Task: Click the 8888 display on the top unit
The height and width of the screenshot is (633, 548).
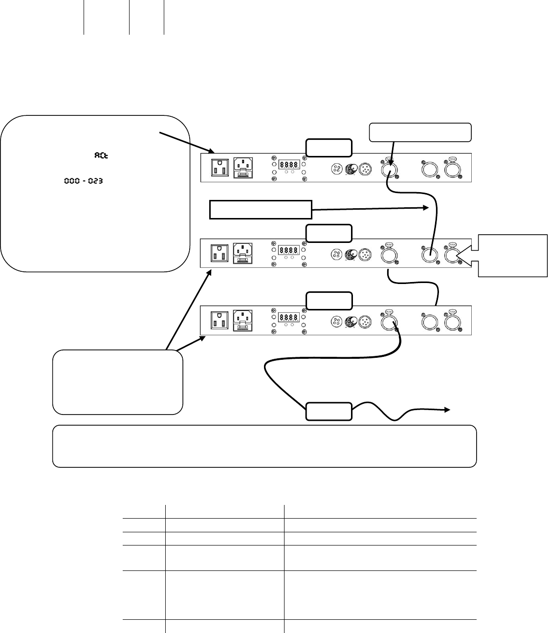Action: click(288, 165)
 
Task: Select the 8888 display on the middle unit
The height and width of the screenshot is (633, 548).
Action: click(288, 250)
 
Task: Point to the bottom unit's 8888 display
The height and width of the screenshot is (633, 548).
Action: click(288, 317)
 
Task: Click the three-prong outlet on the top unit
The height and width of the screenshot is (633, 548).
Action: click(219, 168)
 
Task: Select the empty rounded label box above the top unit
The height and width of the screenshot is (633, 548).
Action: click(329, 147)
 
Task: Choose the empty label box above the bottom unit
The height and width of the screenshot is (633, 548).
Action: click(329, 301)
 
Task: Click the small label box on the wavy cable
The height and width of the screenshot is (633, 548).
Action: click(329, 412)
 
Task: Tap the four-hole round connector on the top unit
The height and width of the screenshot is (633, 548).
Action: click(337, 169)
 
